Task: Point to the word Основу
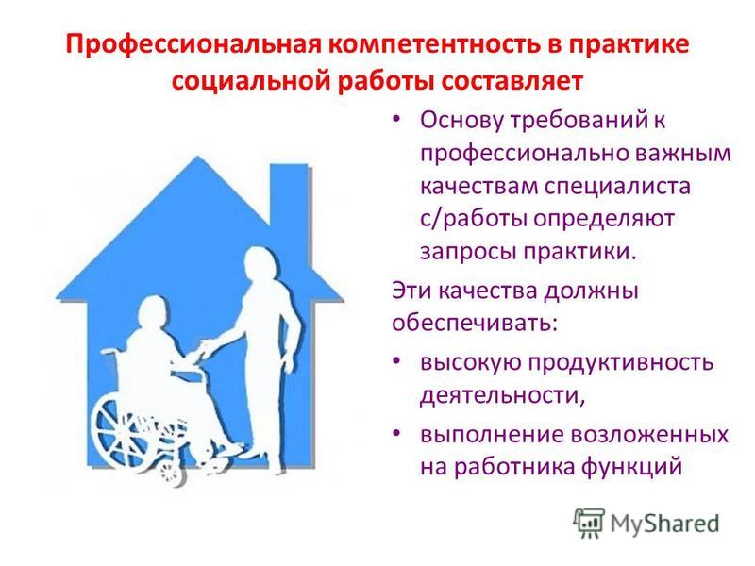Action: (x=461, y=120)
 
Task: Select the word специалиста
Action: (x=618, y=186)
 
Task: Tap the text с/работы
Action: (x=475, y=219)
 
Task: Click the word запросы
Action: (x=468, y=252)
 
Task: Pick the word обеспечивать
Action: (x=475, y=323)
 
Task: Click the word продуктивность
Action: (x=621, y=362)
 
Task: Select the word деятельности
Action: (x=502, y=395)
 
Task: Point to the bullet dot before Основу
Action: (x=396, y=120)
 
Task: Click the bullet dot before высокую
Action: (x=396, y=361)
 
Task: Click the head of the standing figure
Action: (x=260, y=264)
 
